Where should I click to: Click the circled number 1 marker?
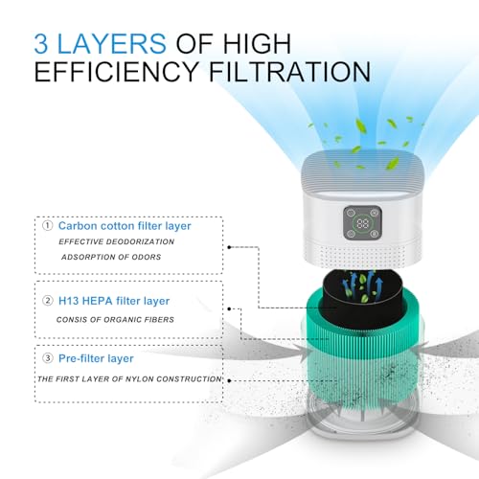47,225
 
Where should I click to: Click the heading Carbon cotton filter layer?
125,225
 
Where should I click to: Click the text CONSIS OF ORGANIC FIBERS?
120,318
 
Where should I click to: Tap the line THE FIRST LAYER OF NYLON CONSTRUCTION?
129,378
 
